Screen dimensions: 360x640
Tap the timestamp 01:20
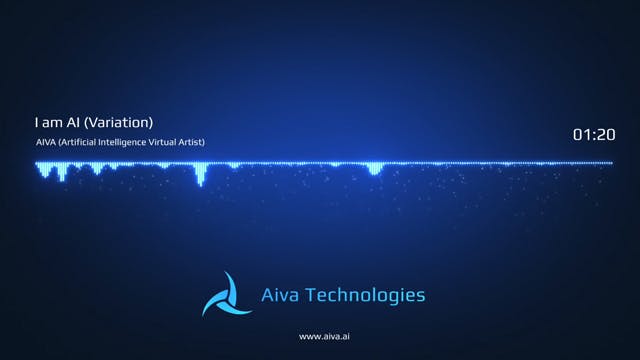click(593, 134)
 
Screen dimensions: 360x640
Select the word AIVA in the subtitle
click(45, 142)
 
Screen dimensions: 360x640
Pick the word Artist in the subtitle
click(192, 142)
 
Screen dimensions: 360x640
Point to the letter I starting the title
click(36, 123)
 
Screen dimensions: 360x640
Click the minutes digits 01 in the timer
click(581, 134)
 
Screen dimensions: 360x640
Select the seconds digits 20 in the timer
click(606, 134)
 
